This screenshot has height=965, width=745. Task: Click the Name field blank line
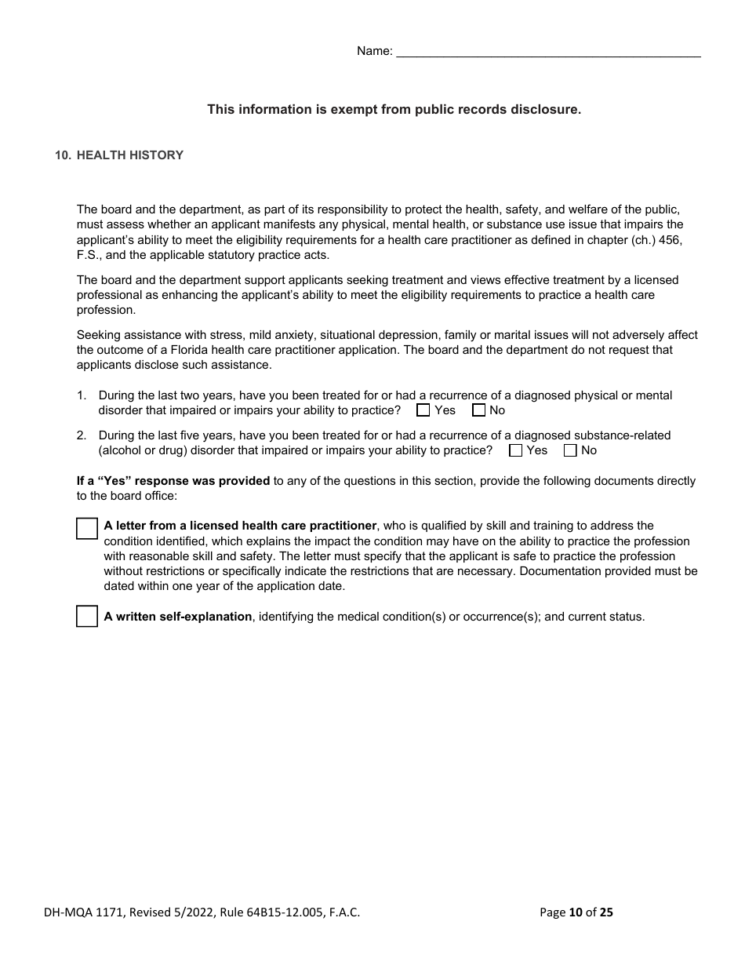[548, 52]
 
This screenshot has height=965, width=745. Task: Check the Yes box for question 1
[423, 410]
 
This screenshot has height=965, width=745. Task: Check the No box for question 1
[478, 410]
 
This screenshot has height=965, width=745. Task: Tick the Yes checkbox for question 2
[515, 450]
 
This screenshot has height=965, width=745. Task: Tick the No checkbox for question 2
[570, 450]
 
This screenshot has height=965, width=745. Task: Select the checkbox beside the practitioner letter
[87, 529]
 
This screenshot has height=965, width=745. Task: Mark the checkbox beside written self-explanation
[87, 617]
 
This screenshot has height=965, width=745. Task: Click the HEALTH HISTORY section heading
[130, 155]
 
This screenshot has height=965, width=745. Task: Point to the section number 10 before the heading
[63, 155]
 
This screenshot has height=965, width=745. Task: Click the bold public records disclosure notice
[394, 110]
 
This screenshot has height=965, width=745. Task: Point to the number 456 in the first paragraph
[671, 240]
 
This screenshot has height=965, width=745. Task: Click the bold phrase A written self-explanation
[178, 617]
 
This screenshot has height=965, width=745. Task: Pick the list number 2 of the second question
[82, 435]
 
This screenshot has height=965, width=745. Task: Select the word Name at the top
[373, 52]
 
